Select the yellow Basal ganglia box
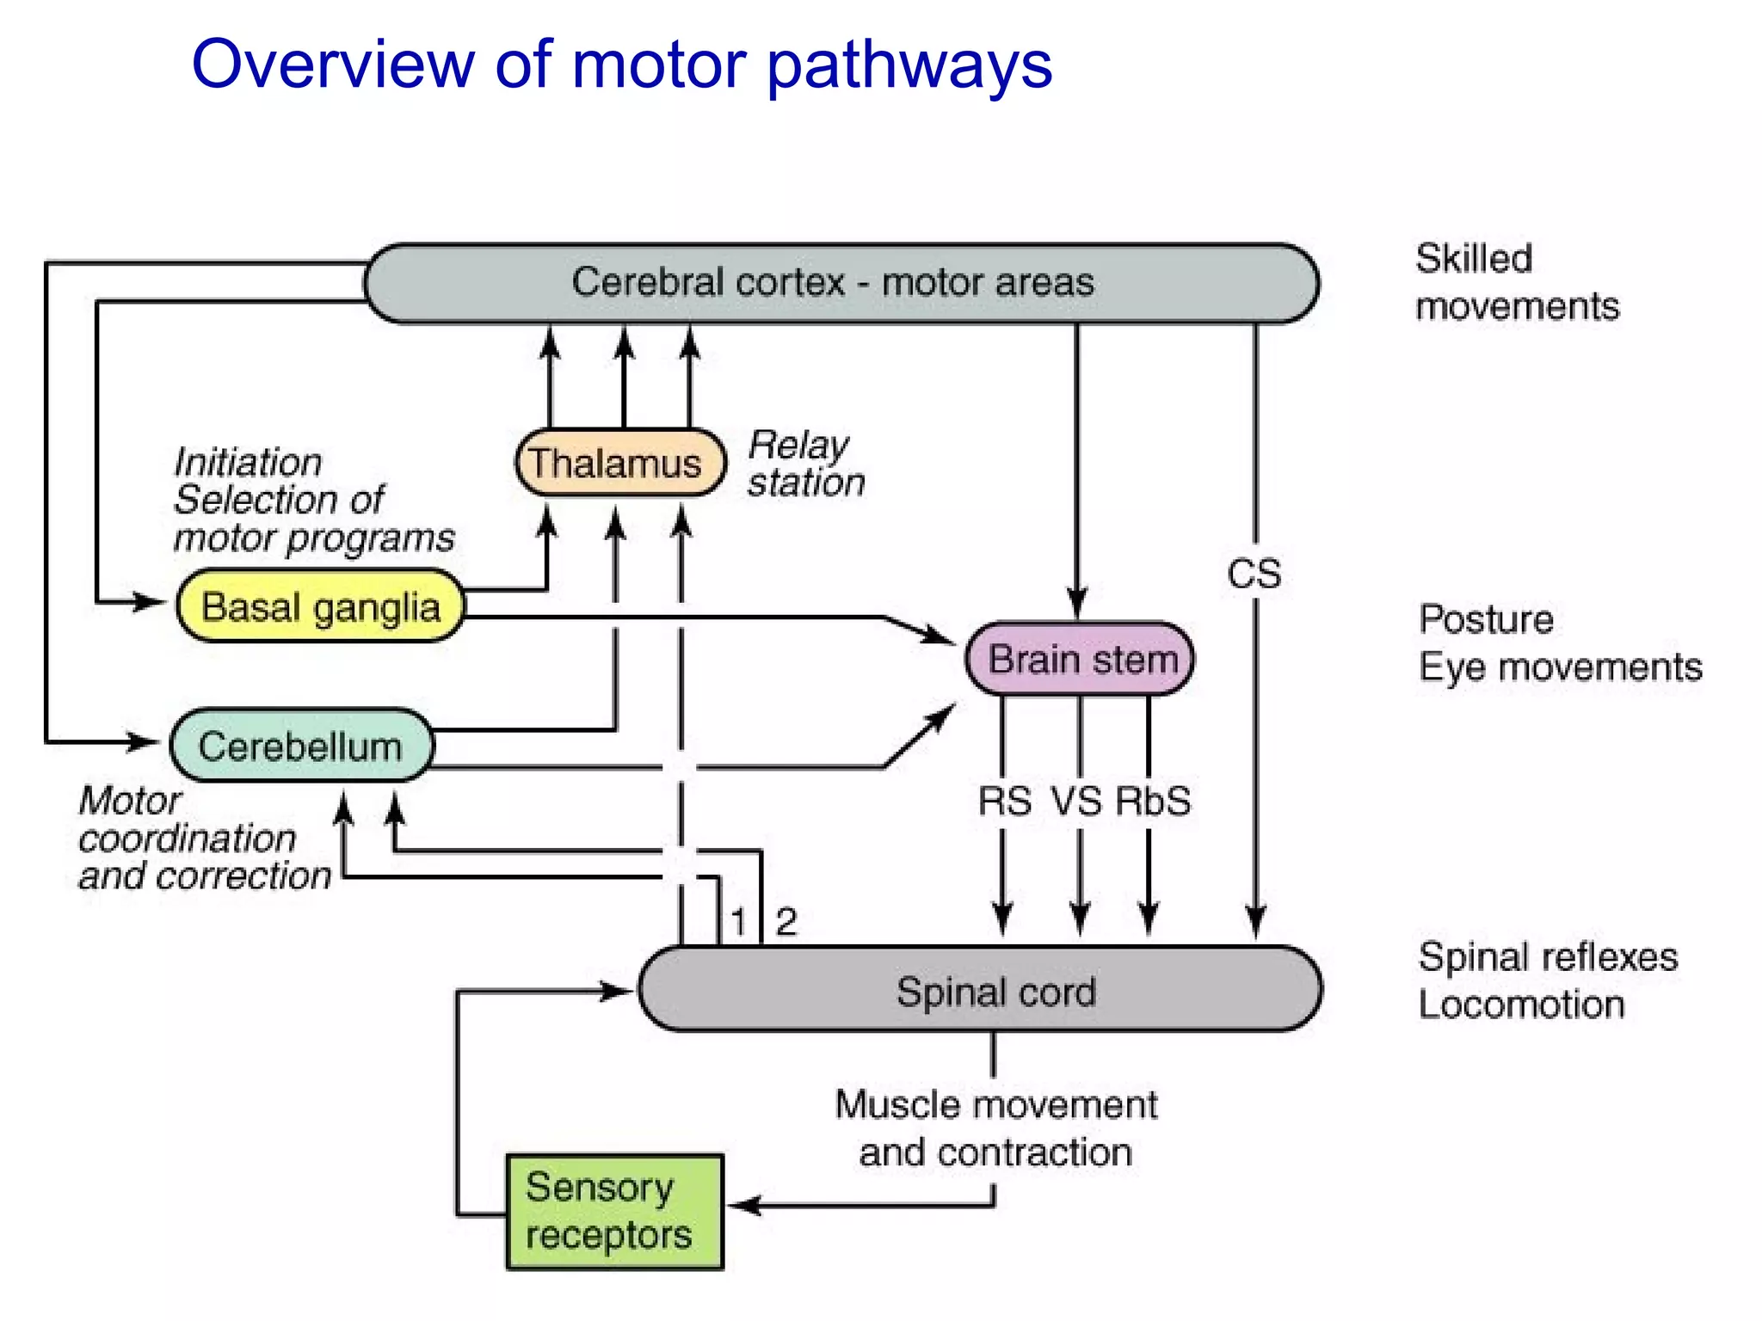point(320,606)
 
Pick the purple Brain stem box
point(1081,660)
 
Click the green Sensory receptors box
point(614,1211)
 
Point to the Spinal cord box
point(981,990)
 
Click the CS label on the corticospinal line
point(1254,574)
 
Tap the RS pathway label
point(1004,802)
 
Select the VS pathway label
point(1076,802)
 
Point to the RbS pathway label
point(1153,802)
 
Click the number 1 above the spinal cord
point(738,922)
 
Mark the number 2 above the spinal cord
point(786,922)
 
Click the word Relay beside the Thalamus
point(798,445)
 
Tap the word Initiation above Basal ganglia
point(248,463)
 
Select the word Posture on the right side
point(1486,619)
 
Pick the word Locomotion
point(1521,1005)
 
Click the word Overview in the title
point(332,65)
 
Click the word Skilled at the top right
point(1474,258)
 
